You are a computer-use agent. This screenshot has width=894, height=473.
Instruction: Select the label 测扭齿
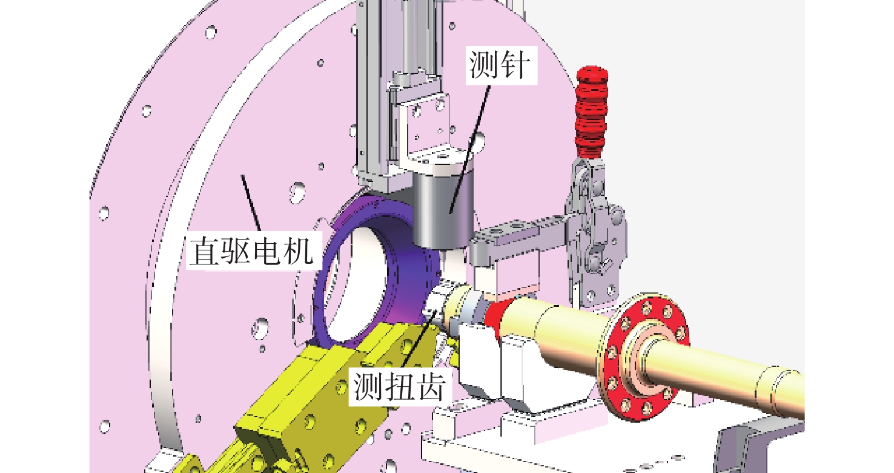coord(400,386)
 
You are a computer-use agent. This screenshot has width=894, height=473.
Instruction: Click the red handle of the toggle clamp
coord(591,112)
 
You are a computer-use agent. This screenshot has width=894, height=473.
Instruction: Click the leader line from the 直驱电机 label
coord(251,203)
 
